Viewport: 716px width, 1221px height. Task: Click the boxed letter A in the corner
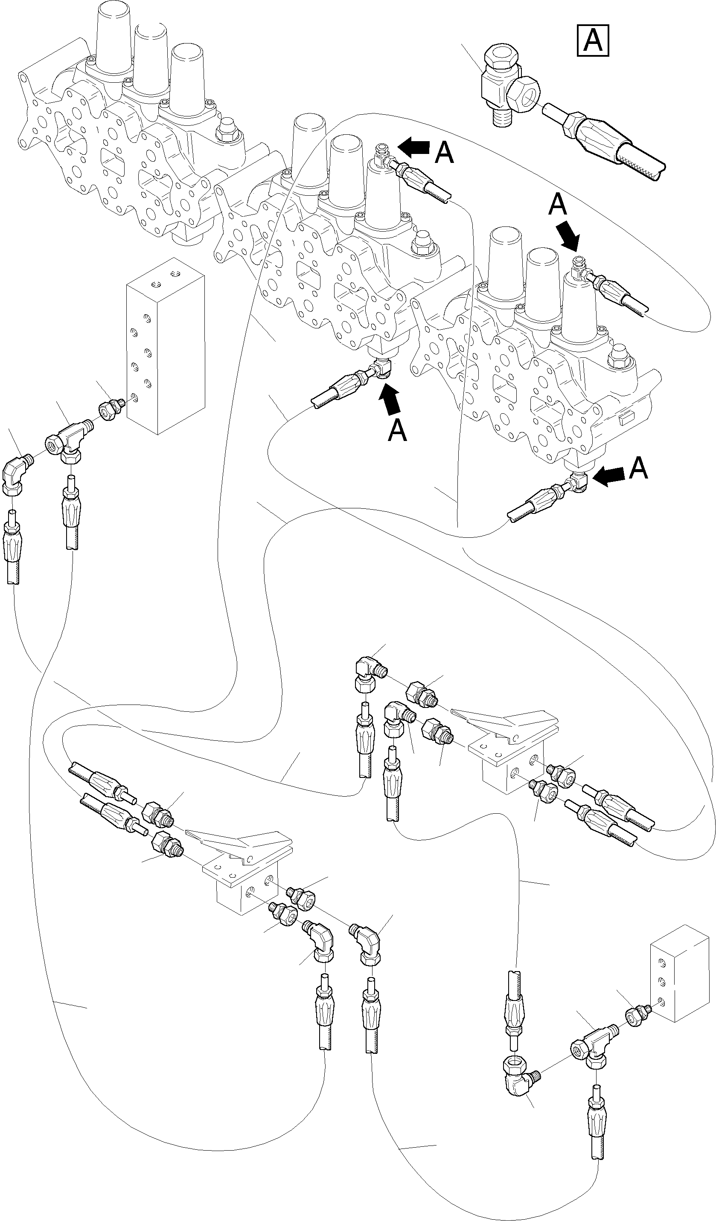click(x=592, y=40)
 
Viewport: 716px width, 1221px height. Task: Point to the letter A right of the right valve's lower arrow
click(x=638, y=468)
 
